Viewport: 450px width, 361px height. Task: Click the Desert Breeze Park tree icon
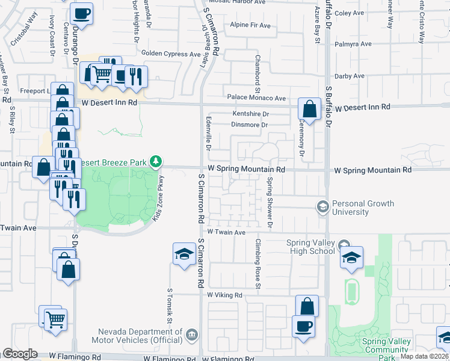click(x=156, y=161)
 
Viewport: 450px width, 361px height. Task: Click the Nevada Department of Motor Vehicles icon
click(x=191, y=334)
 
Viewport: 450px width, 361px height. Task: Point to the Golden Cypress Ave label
click(x=170, y=54)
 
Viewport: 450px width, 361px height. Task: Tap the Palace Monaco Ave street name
click(x=256, y=97)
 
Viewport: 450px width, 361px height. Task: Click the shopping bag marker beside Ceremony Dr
click(x=309, y=110)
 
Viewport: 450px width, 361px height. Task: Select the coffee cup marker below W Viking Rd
click(x=303, y=326)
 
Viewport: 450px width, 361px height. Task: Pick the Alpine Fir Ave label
click(x=250, y=25)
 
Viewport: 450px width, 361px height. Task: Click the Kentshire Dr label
click(x=250, y=114)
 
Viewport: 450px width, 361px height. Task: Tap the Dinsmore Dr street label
click(x=249, y=125)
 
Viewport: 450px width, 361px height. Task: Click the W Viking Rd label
click(x=224, y=295)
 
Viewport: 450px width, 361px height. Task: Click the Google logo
click(x=20, y=353)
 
